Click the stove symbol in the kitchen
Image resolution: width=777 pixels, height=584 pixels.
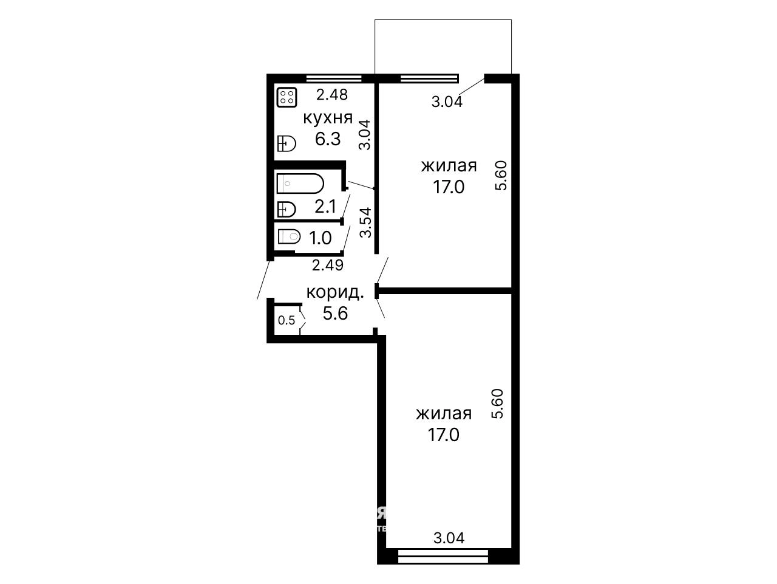[x=287, y=97]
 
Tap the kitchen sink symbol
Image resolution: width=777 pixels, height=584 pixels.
[x=287, y=143]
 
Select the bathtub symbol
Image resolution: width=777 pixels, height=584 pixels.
[x=300, y=183]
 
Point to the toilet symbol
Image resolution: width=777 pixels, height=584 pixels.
[x=289, y=236]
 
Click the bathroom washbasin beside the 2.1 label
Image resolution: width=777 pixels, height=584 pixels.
[x=287, y=210]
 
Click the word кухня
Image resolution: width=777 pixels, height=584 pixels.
[x=328, y=118]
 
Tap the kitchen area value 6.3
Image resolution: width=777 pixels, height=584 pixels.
[x=328, y=139]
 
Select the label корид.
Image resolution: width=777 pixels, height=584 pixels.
[x=335, y=292]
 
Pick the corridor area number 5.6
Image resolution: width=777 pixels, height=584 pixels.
[x=335, y=313]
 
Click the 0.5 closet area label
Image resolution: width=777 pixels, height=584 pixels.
[x=287, y=320]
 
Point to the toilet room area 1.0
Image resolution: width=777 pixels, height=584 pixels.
[x=321, y=238]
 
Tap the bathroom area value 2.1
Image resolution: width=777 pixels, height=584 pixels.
[x=325, y=206]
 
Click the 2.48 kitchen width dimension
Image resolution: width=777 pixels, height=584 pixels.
[x=332, y=95]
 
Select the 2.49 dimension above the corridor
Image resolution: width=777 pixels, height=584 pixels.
[x=328, y=265]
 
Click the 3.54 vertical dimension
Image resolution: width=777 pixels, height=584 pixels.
[x=365, y=222]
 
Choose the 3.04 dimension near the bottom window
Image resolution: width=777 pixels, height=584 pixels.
[x=449, y=538]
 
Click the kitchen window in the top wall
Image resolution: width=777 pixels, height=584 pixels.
[x=333, y=78]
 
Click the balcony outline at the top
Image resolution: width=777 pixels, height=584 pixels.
[x=443, y=19]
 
